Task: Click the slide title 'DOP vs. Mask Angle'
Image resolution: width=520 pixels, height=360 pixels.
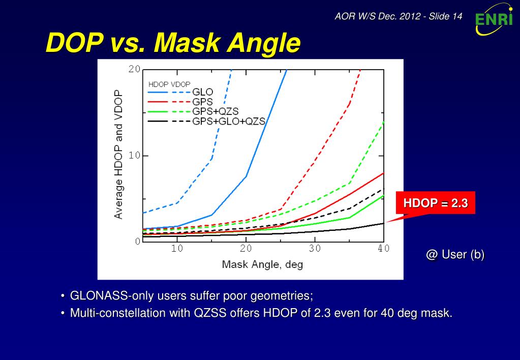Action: (x=173, y=43)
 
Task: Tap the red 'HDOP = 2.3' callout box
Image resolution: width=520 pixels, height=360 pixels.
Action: (x=436, y=203)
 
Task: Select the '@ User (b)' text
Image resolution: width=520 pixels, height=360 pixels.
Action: (x=455, y=255)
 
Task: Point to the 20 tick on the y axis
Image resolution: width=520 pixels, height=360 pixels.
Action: (x=134, y=69)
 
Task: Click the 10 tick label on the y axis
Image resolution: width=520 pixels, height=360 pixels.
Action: (x=134, y=156)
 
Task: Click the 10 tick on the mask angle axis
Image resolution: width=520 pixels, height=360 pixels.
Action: (x=177, y=249)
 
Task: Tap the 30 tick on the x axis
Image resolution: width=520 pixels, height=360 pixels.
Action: (x=315, y=249)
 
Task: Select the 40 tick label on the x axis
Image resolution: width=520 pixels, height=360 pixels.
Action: (x=383, y=249)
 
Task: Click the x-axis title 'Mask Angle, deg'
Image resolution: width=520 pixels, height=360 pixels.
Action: (x=262, y=264)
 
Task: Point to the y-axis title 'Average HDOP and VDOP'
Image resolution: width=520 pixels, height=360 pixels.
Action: (x=118, y=155)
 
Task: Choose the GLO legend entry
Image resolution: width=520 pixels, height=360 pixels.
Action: (x=202, y=92)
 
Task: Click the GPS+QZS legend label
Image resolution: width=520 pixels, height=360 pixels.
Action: (x=216, y=111)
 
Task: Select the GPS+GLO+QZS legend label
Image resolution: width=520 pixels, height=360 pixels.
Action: (x=229, y=121)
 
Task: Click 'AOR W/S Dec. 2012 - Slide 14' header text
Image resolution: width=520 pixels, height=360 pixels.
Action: (x=399, y=16)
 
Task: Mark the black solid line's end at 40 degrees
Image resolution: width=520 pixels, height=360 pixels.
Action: (x=383, y=223)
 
